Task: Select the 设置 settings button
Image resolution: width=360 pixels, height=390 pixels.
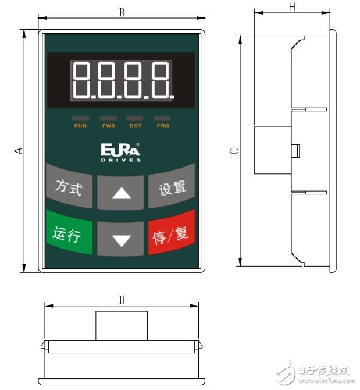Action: coord(172,188)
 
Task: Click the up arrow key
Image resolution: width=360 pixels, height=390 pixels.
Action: coord(121,192)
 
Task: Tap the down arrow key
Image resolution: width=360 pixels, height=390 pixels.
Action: coord(121,239)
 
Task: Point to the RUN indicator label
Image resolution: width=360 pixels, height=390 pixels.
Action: coord(80,126)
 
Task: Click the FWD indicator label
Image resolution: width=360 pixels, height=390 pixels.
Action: coord(109,126)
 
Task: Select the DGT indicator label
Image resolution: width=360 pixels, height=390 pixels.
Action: coord(136,126)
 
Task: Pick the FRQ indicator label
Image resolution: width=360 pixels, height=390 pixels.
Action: coord(162,126)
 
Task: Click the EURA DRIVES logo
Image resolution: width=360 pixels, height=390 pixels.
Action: coord(120,153)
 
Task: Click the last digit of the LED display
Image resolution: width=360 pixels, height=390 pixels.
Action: coord(159,80)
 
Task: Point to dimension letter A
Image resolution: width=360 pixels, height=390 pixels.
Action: coord(19,150)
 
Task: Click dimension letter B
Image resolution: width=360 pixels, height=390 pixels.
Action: coord(122,12)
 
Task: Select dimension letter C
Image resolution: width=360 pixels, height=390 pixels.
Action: coord(233,150)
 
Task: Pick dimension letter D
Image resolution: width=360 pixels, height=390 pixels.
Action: coord(122,300)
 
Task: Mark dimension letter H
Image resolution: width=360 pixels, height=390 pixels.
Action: coord(292,6)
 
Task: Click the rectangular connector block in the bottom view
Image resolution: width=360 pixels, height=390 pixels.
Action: coord(122,325)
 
